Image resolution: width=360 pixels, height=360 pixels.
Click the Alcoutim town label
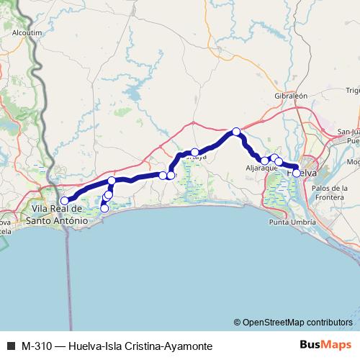(x=27, y=32)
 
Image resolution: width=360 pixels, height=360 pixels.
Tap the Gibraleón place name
(x=291, y=95)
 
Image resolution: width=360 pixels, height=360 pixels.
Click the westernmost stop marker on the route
(x=64, y=181)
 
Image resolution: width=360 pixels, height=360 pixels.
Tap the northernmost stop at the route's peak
(x=235, y=131)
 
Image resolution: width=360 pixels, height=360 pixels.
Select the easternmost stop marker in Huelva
(x=296, y=173)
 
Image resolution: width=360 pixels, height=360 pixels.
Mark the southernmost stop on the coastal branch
(x=104, y=209)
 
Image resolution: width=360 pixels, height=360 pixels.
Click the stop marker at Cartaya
(x=194, y=152)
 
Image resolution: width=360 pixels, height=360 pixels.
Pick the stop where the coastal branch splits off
(x=112, y=180)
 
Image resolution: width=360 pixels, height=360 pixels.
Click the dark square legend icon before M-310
(x=10, y=346)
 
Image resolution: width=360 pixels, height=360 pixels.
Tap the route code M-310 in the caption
(x=37, y=346)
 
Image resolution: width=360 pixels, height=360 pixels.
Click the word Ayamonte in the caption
(x=186, y=346)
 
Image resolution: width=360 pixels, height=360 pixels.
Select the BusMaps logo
(x=323, y=345)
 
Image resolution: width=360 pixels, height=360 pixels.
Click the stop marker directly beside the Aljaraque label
(x=265, y=160)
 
